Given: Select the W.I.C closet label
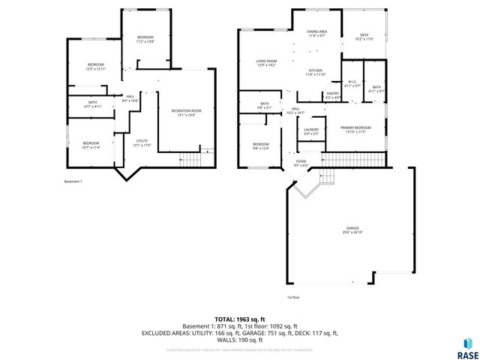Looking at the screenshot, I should [x=352, y=84].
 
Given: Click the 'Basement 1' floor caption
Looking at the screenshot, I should [x=73, y=181].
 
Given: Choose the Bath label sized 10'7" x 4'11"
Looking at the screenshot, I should [x=92, y=104].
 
